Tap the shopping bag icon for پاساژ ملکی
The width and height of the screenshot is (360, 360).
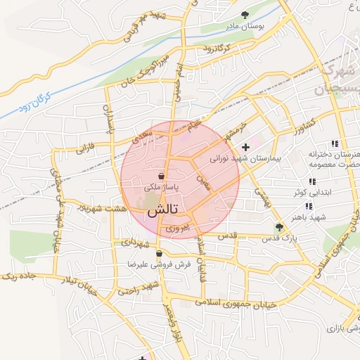(x=162, y=175)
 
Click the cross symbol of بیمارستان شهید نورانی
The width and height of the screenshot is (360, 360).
(x=245, y=148)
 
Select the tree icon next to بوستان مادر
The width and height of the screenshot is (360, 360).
(x=245, y=14)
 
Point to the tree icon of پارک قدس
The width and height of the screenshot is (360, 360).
(x=280, y=226)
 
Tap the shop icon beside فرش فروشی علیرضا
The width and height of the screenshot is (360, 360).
(x=160, y=254)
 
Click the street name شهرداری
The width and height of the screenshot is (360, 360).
(x=135, y=243)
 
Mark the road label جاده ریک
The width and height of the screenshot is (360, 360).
(x=18, y=276)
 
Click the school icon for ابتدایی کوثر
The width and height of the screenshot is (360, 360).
(x=312, y=181)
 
